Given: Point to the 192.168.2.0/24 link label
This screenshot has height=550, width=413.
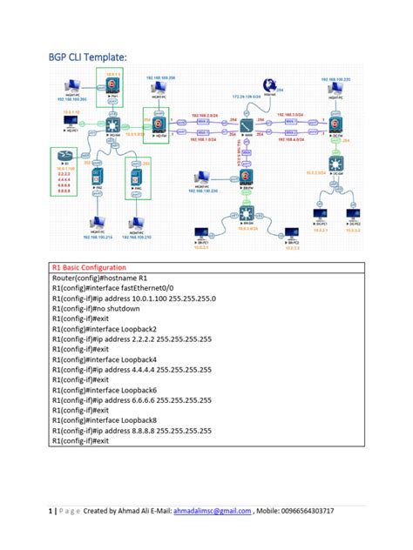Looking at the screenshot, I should [x=204, y=114].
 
